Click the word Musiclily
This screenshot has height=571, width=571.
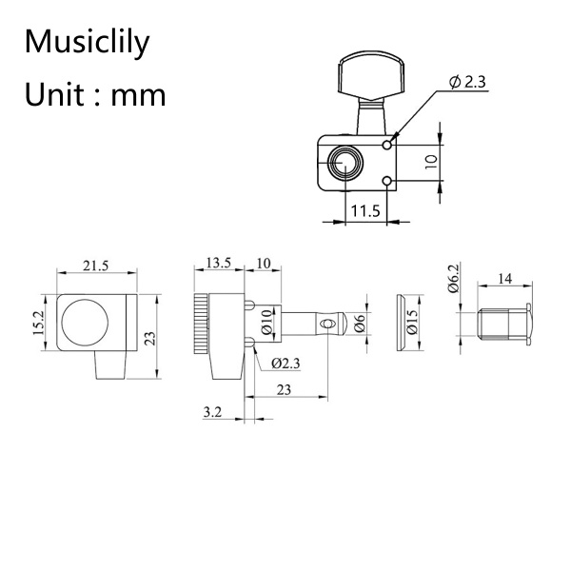[x=87, y=42]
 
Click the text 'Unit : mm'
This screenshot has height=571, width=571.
[x=95, y=94]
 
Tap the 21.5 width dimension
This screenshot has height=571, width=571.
[x=94, y=267]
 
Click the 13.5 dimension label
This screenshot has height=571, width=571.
[x=219, y=263]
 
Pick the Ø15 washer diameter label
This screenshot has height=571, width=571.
[x=413, y=325]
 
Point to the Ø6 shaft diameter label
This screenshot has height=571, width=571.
[x=360, y=325]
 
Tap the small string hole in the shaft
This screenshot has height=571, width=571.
[x=327, y=325]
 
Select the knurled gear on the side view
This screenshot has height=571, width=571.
[x=200, y=325]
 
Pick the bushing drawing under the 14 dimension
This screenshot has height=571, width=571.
[x=501, y=324]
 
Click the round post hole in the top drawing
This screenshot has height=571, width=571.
[x=344, y=165]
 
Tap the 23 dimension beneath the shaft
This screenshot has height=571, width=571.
[x=284, y=387]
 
